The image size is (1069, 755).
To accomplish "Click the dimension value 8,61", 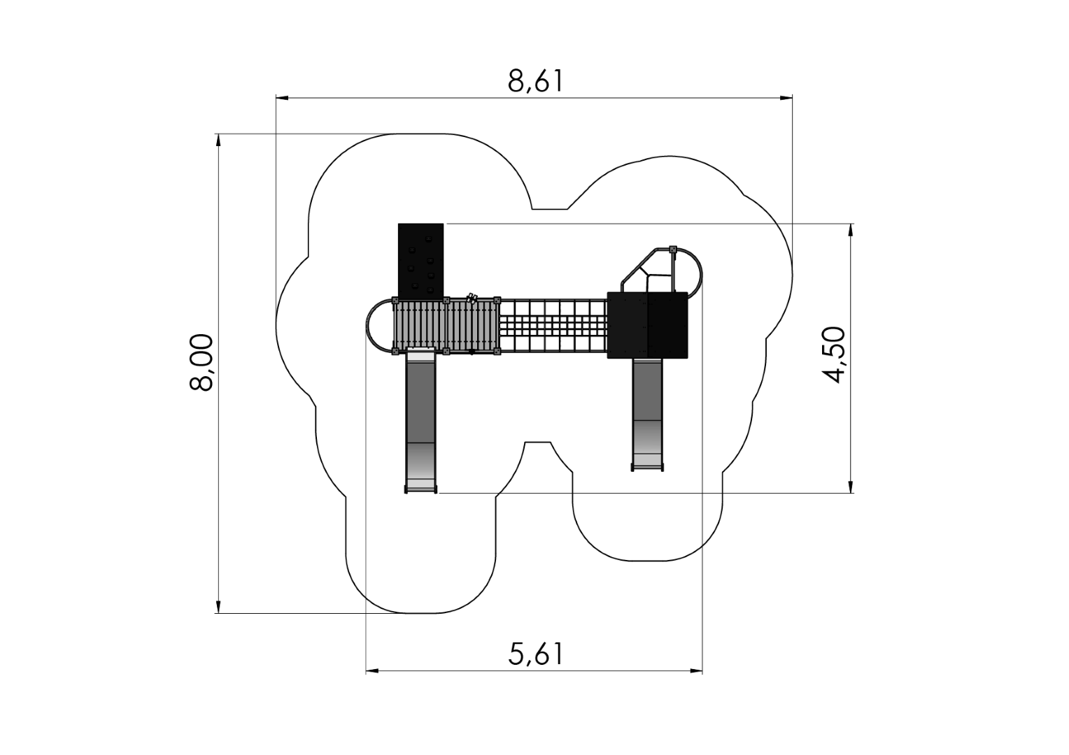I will (535, 82).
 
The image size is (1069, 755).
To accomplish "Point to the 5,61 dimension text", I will (535, 654).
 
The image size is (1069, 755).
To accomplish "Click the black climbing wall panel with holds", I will (420, 260).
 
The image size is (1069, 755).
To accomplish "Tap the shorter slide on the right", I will (647, 412).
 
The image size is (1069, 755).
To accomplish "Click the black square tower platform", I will (647, 325).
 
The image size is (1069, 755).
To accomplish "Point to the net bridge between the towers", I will (553, 326).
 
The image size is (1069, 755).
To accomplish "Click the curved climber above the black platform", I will (661, 269).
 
